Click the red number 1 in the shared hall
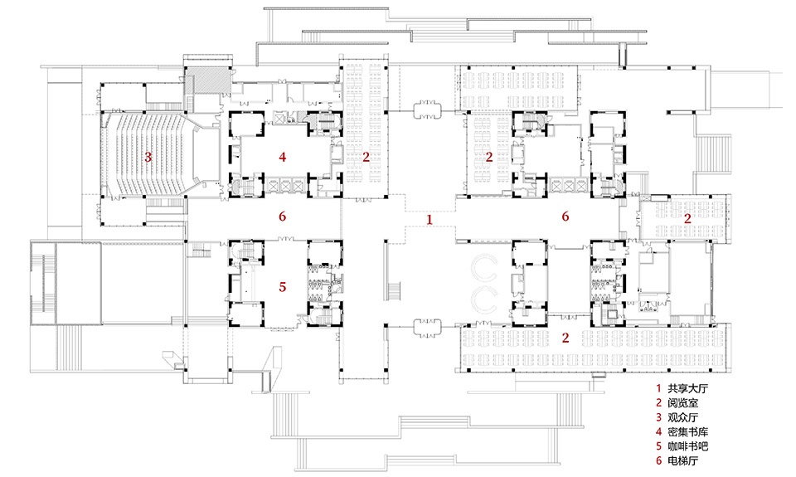430,220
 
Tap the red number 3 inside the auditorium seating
148,157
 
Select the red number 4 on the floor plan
282,157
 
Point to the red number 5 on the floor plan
282,287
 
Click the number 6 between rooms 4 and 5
282,217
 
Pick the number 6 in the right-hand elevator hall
565,217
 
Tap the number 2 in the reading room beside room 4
366,157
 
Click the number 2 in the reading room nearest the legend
565,338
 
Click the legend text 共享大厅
687,388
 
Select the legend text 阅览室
682,403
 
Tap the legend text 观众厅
682,417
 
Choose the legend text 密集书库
687,432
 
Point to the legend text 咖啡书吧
687,446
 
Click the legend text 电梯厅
682,460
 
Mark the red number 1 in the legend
658,388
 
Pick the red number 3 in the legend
658,417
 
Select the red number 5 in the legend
658,446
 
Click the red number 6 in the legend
658,460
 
